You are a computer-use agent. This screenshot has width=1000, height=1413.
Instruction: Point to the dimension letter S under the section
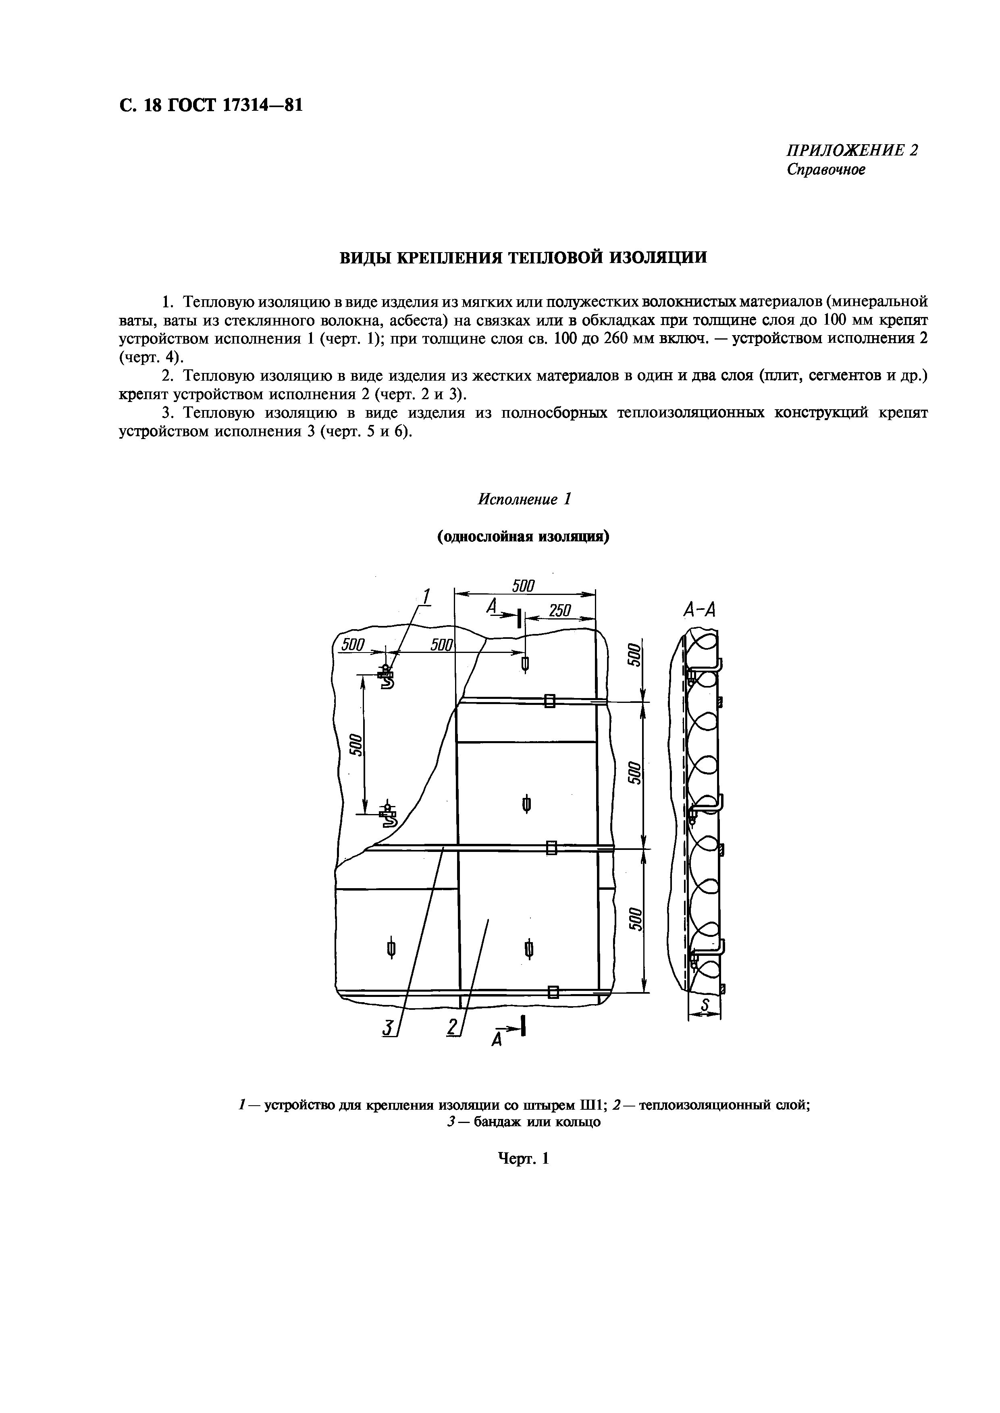706,1006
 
